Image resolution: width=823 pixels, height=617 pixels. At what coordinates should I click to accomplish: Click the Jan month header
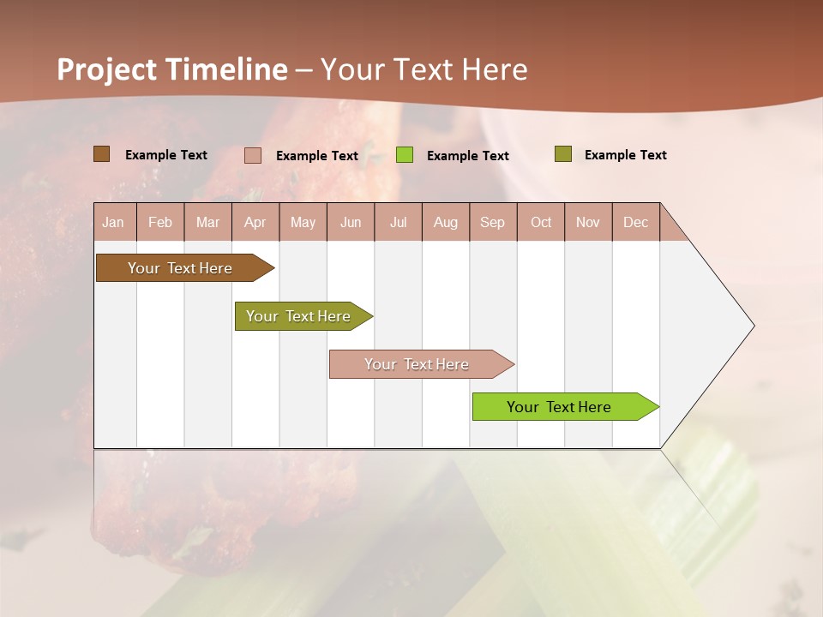114,222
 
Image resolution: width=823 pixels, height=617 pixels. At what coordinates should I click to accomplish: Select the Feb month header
160,222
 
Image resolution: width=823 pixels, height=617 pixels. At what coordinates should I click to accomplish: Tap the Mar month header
207,222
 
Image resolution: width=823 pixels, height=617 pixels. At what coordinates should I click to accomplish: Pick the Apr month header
255,222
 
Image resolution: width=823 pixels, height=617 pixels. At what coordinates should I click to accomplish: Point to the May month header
303,222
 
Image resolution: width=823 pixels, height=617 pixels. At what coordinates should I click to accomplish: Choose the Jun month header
351,222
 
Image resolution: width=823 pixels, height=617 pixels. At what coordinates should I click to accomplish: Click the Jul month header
398,222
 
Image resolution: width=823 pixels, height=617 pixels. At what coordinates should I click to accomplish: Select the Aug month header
446,222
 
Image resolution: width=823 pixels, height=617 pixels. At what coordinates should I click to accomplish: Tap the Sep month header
493,222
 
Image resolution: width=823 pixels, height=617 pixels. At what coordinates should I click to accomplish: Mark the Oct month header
541,222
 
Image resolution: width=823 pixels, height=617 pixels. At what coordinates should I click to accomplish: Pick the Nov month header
588,222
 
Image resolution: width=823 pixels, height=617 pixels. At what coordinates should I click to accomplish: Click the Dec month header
636,222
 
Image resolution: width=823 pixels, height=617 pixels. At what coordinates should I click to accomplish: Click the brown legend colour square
101,154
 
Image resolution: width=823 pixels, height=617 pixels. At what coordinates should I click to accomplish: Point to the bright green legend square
405,155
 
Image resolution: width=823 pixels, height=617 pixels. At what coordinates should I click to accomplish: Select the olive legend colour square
562,154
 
